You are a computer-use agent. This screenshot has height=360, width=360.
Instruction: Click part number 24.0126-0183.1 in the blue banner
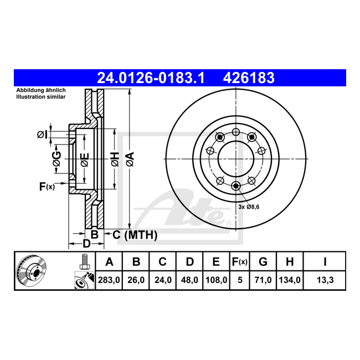151,78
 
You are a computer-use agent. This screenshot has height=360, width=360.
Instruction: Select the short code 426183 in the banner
249,78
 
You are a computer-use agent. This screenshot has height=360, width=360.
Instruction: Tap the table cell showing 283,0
109,280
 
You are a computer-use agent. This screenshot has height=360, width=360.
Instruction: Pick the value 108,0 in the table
216,280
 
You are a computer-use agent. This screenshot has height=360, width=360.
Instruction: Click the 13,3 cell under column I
325,280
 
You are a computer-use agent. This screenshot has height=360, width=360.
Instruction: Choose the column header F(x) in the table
240,262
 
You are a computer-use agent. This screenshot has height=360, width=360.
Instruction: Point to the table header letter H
290,262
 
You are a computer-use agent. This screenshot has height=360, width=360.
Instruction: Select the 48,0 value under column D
189,280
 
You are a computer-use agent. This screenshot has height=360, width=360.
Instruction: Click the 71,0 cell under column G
263,280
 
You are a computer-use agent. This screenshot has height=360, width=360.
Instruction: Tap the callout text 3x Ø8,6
249,207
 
